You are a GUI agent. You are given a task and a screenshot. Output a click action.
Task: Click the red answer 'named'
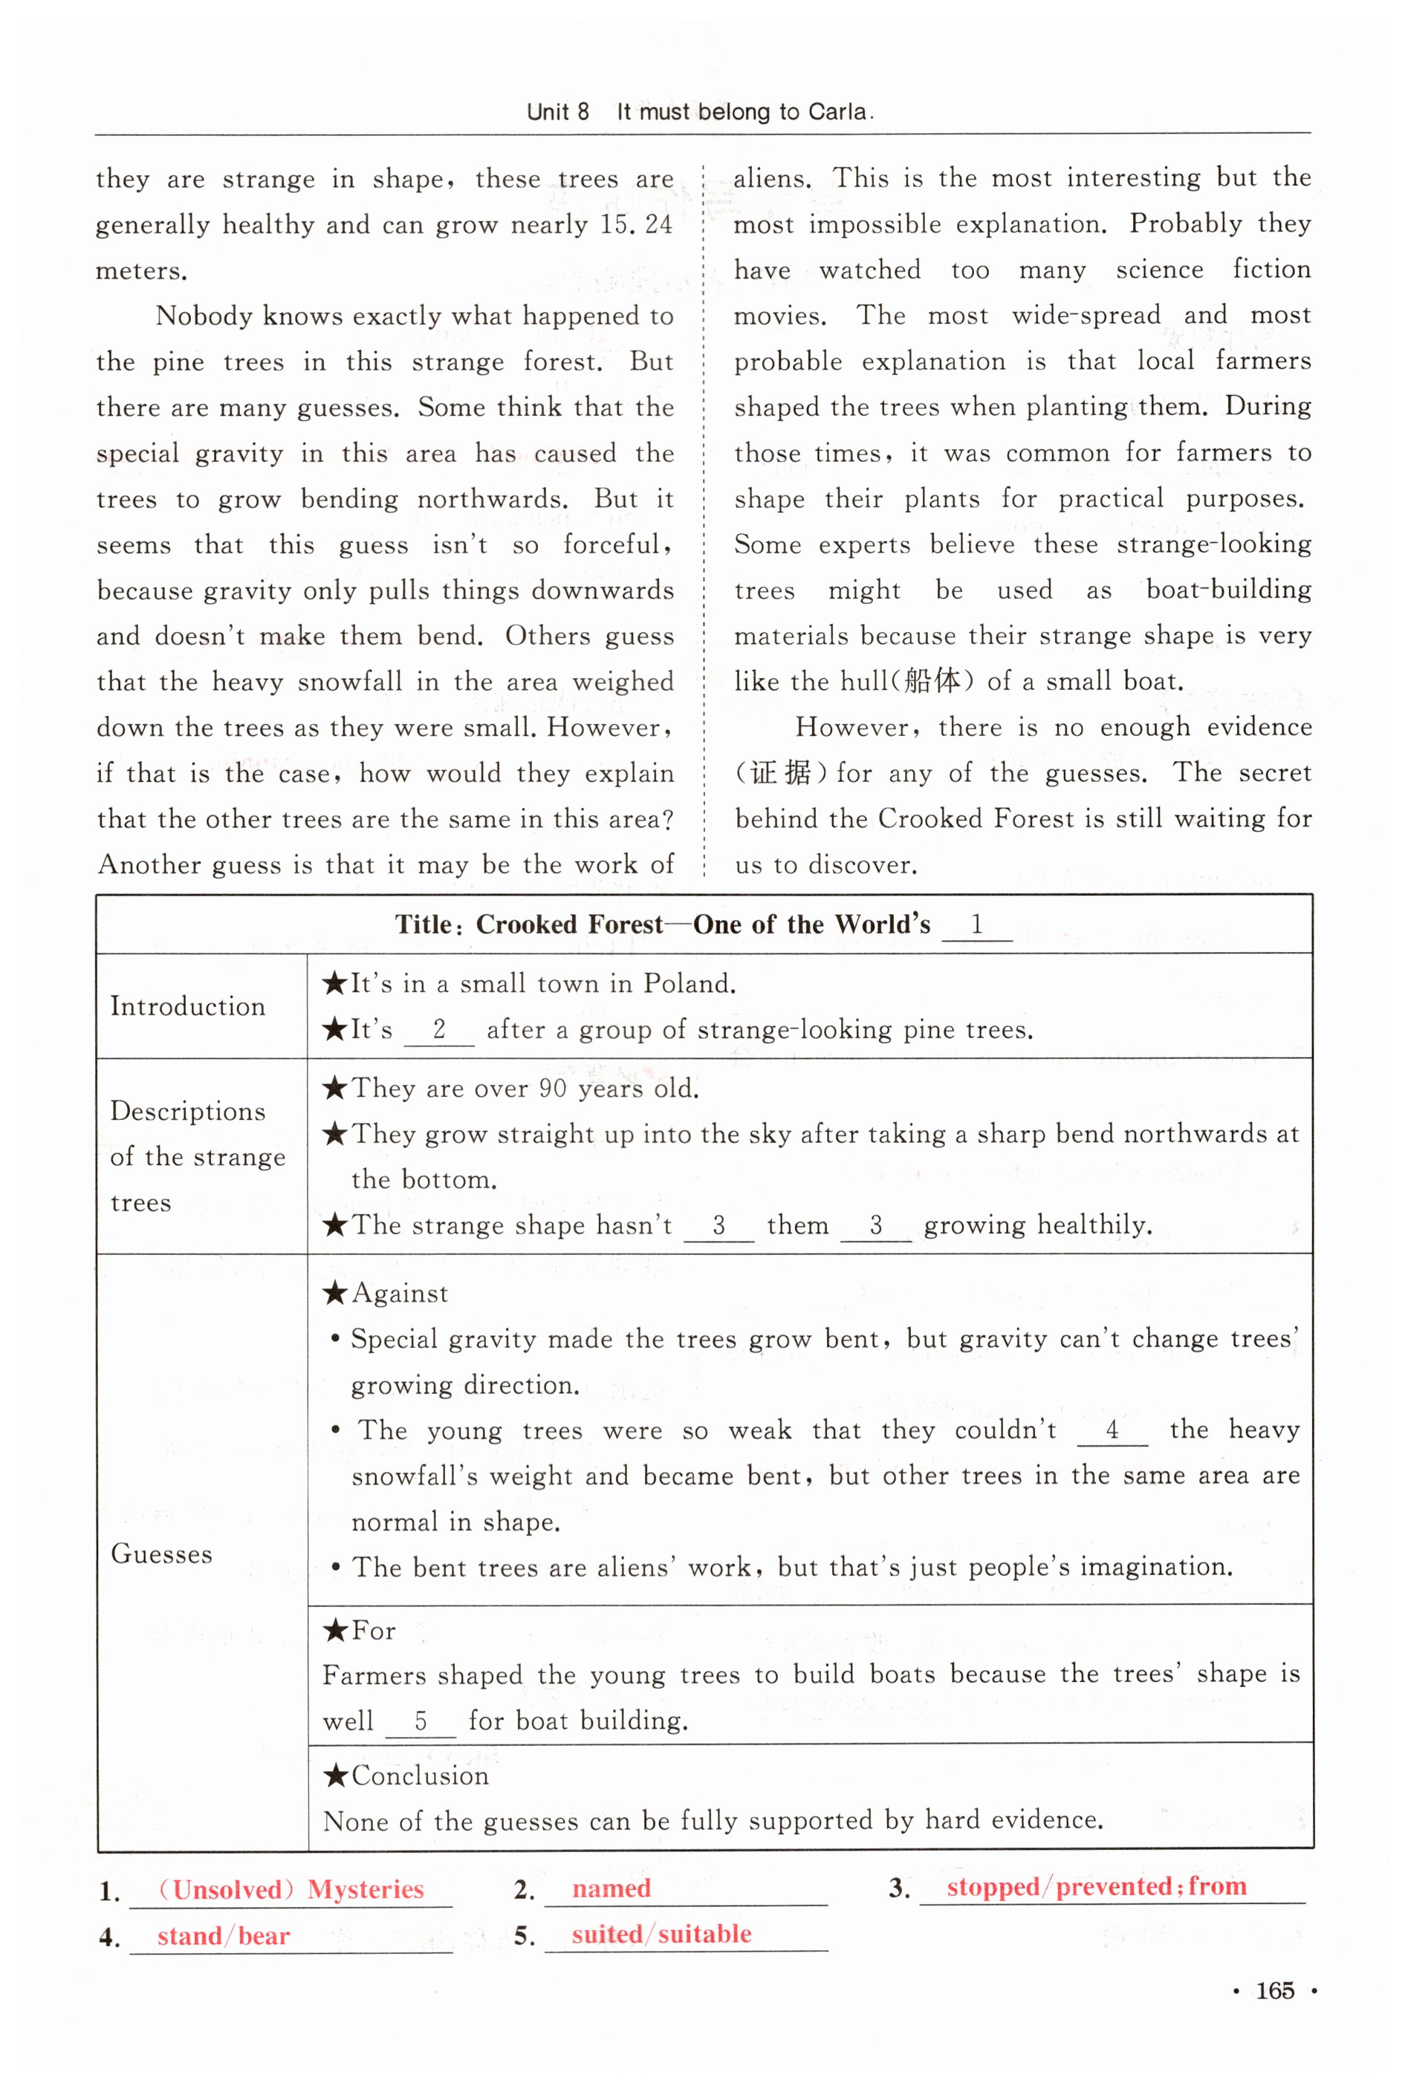(x=611, y=1888)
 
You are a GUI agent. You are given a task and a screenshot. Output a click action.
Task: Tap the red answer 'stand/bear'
(x=223, y=1935)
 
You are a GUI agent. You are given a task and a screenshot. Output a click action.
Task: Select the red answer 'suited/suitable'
(x=661, y=1934)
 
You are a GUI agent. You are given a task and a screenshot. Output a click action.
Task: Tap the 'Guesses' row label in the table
(x=162, y=1554)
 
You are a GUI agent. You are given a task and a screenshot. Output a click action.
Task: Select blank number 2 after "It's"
(x=439, y=1029)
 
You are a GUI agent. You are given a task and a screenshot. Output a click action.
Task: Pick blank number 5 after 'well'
(x=420, y=1721)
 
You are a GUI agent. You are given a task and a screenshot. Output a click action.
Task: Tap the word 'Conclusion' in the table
(x=420, y=1776)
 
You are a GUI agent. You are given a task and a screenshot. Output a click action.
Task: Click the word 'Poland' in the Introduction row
(x=688, y=983)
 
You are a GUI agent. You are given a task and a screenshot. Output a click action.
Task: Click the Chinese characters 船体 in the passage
(x=932, y=680)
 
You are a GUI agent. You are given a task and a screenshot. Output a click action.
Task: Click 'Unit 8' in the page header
(x=557, y=111)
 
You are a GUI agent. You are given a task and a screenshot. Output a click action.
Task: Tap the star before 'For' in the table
(x=335, y=1629)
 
